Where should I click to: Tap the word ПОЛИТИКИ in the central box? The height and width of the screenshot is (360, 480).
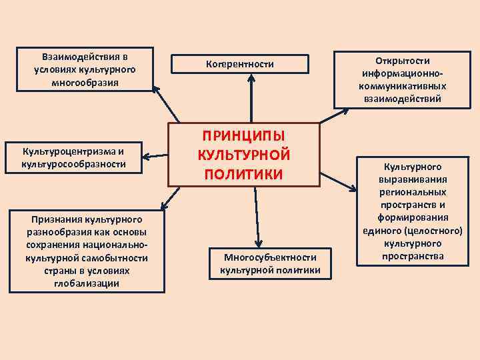[243, 174]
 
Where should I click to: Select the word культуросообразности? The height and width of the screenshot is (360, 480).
[73, 163]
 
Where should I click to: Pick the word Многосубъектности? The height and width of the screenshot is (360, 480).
[270, 257]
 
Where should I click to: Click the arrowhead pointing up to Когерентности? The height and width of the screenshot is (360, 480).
[251, 77]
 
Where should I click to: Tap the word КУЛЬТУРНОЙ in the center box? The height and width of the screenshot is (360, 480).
[243, 155]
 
